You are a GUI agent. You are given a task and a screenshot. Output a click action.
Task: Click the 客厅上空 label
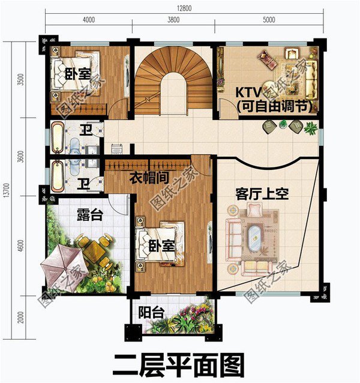tap(262, 194)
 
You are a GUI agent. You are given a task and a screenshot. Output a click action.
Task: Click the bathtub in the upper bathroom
tap(56, 137)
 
